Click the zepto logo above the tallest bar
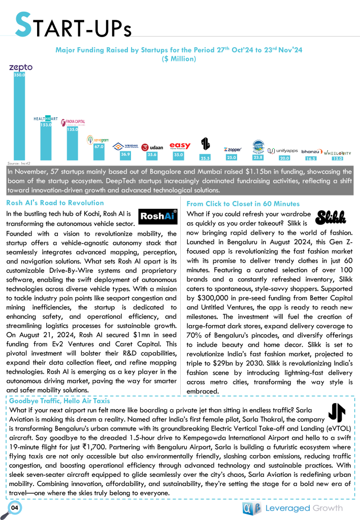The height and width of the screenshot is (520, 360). pos(21,67)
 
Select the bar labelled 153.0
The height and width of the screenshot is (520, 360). pos(46,140)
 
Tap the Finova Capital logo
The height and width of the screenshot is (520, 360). pos(73,122)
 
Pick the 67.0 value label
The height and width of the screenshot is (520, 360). pos(99,147)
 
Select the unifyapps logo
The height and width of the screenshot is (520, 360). pos(283,151)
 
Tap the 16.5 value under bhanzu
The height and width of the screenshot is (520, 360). pos(310,158)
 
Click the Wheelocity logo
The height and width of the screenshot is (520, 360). pos(337,152)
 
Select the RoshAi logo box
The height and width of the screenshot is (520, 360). pos(158,217)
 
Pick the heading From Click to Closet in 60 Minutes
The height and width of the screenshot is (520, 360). pos(243,203)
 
